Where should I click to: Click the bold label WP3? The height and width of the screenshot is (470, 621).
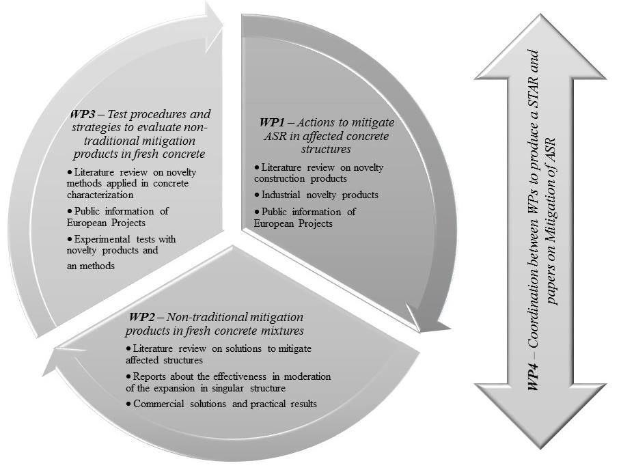[83, 115]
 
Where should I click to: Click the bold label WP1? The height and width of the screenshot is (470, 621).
[272, 122]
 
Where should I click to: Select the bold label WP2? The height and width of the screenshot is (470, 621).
[141, 317]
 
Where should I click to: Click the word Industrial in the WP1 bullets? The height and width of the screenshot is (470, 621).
[279, 195]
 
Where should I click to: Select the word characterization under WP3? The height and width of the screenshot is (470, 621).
[100, 195]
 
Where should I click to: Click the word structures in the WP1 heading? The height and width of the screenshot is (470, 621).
[326, 150]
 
